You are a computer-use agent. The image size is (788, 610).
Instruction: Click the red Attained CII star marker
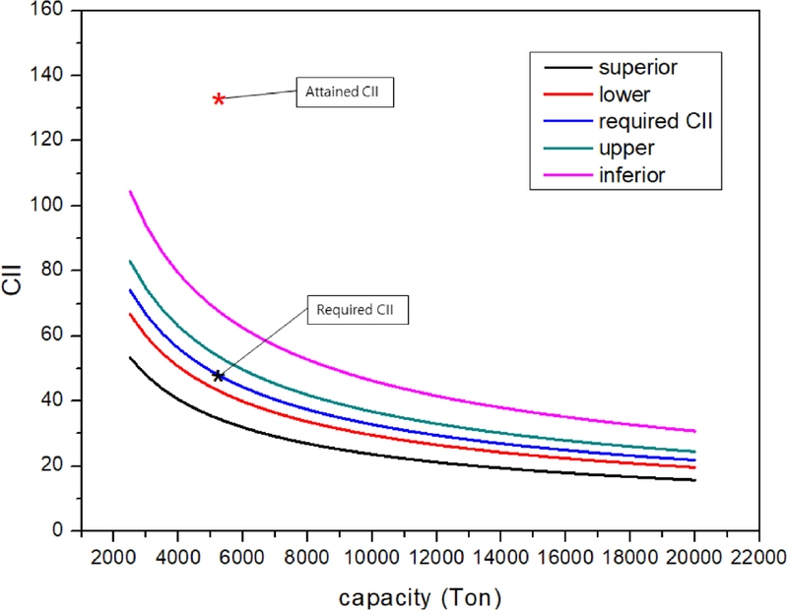(x=219, y=99)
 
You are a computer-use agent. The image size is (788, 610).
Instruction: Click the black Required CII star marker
(x=219, y=376)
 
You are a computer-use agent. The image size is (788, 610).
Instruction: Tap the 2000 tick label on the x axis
(x=112, y=556)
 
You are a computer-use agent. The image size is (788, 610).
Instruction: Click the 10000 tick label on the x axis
(x=371, y=556)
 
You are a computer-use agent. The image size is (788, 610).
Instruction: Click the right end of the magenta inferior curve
(x=694, y=431)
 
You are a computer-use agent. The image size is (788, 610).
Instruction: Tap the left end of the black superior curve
(x=130, y=357)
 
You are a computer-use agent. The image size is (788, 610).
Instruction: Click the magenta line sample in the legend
(x=565, y=175)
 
